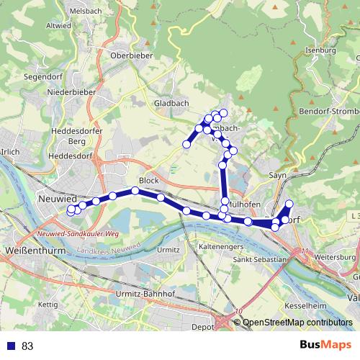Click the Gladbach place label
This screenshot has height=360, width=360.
tap(171, 104)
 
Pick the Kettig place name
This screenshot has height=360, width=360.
tap(48, 305)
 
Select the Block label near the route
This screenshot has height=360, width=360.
tap(148, 181)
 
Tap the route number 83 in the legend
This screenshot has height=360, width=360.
tap(27, 346)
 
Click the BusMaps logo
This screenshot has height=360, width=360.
tap(322, 345)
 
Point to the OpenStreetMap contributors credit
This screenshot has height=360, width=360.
tap(298, 323)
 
